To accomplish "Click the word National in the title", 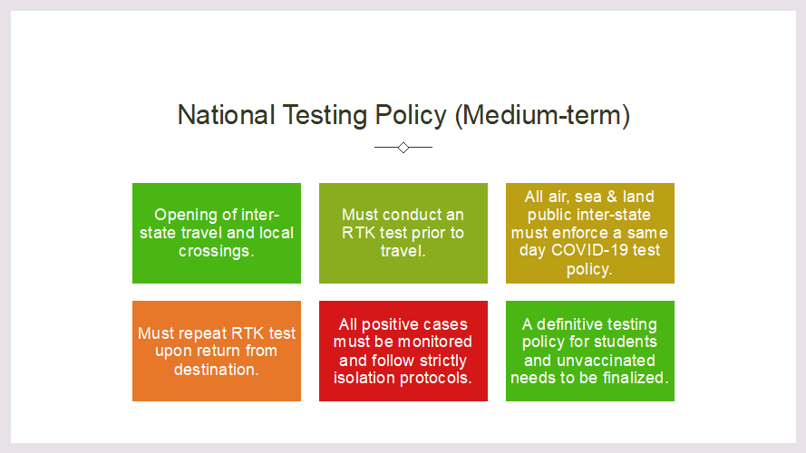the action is click(226, 114).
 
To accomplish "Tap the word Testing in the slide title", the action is click(325, 116).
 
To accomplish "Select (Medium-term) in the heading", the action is click(542, 116).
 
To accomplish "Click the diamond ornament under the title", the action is click(403, 148).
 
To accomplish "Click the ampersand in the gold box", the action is click(612, 197).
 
